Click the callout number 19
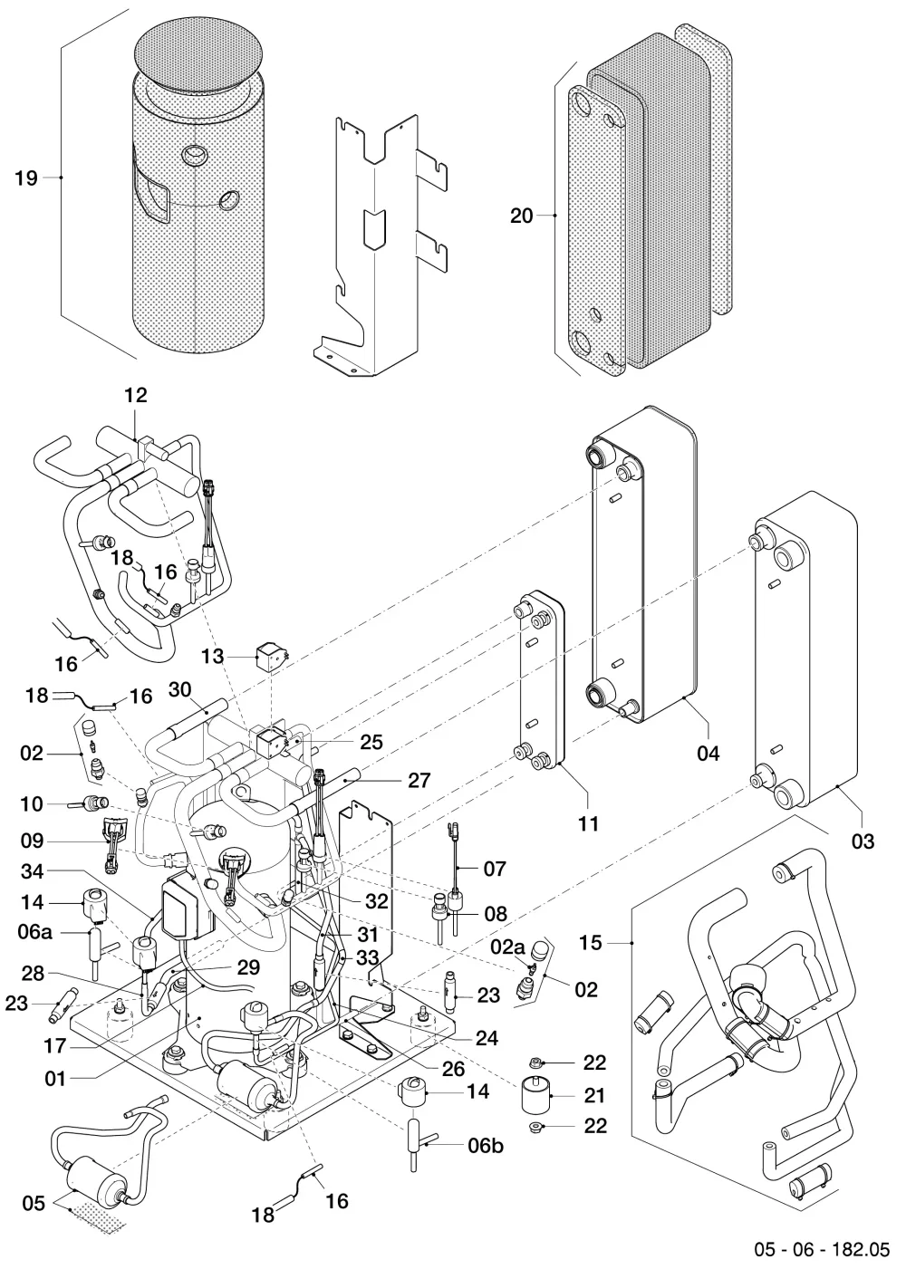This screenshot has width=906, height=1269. [26, 178]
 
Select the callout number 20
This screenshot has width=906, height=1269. [521, 216]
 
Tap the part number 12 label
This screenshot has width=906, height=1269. [135, 395]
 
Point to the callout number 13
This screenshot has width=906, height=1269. [213, 657]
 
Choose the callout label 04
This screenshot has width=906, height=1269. [708, 754]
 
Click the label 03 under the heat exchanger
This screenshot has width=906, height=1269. [863, 841]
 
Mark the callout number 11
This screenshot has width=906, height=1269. [588, 824]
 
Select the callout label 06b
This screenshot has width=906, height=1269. [485, 1146]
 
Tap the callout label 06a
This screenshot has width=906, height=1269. [34, 932]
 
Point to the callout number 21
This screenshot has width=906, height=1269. [594, 1096]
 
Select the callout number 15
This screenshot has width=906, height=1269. [590, 943]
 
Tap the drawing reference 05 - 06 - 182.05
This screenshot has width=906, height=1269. [822, 1250]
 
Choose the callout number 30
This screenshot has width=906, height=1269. [179, 690]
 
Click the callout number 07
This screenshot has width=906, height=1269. [494, 869]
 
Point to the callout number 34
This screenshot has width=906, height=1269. [32, 871]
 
